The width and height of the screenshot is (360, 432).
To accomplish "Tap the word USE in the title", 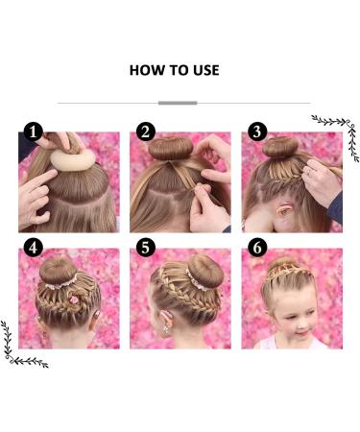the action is [206, 70].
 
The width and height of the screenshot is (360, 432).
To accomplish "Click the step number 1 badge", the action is [34, 132].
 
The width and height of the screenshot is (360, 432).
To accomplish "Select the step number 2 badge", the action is [146, 132].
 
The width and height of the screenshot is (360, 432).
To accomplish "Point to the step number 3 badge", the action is [257, 132].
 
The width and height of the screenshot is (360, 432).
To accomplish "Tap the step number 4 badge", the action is [34, 248].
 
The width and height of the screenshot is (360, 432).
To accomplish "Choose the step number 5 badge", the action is [146, 248].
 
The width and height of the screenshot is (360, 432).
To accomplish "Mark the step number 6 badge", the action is [257, 248].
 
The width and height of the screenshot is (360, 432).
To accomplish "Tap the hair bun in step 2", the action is [171, 148].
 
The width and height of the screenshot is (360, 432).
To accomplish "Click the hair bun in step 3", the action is [280, 147].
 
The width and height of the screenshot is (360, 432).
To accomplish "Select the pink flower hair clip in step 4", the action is [74, 300].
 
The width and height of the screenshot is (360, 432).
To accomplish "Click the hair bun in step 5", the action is [205, 272].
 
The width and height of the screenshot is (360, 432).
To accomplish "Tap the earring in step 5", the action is [166, 329].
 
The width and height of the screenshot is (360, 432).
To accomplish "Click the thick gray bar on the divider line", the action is [178, 103].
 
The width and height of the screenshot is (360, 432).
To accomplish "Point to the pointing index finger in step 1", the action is [41, 179].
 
